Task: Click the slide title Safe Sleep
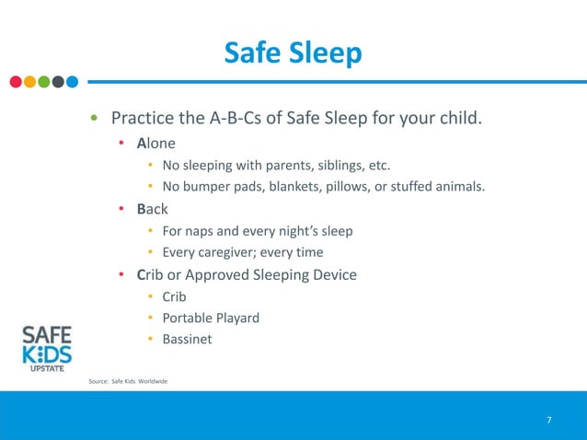pos(293,54)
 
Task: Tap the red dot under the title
pos(16,82)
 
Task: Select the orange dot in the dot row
pos(29,82)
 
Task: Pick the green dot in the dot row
pos(43,82)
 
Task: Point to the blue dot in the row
pos(72,82)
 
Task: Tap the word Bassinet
pos(187,340)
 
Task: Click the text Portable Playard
pos(211,318)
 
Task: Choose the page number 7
pos(549,421)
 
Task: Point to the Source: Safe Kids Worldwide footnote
pos(128,381)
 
